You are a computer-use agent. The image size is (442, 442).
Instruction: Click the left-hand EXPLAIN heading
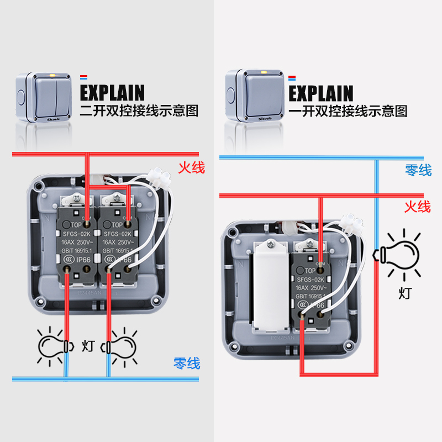pos(112,92)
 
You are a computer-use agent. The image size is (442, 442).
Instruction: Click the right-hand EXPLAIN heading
pos(320,92)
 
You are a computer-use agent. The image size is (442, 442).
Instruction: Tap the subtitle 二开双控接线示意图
pos(138,110)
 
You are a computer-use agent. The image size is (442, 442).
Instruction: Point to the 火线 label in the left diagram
pos(191,167)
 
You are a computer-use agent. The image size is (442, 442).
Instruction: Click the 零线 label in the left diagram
pos(187,363)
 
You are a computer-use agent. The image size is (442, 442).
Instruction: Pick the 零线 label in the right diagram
pos(418,170)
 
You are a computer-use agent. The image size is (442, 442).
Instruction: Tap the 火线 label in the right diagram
pos(417,207)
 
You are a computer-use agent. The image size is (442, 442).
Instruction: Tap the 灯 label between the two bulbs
pos(87,346)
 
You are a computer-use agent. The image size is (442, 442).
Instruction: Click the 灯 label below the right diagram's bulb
pos(405,292)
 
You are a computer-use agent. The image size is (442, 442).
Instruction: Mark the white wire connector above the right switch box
pos(354,223)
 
